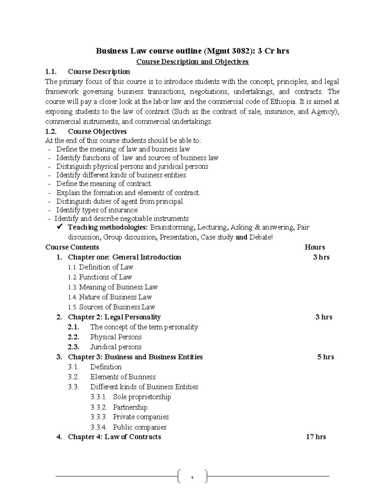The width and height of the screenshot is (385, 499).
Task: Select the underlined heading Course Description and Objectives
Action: click(193, 61)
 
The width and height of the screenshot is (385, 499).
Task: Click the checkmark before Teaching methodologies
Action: click(59, 227)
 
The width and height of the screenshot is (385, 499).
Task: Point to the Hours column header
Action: click(314, 247)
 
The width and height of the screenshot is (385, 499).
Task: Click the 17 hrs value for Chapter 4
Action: click(316, 437)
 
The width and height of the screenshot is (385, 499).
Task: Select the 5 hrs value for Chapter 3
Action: click(325, 357)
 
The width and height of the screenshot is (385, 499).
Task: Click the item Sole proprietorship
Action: click(142, 397)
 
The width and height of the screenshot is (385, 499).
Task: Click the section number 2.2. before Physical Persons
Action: click(73, 337)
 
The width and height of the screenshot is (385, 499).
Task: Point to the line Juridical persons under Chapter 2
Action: click(116, 347)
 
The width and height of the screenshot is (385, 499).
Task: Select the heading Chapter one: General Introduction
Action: click(124, 257)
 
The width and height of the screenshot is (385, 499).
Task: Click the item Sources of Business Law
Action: click(117, 307)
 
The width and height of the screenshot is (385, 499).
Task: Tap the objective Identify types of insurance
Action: click(97, 210)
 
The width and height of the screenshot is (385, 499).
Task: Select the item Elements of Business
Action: click(123, 377)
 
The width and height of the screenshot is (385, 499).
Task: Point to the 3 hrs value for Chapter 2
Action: click(323, 317)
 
